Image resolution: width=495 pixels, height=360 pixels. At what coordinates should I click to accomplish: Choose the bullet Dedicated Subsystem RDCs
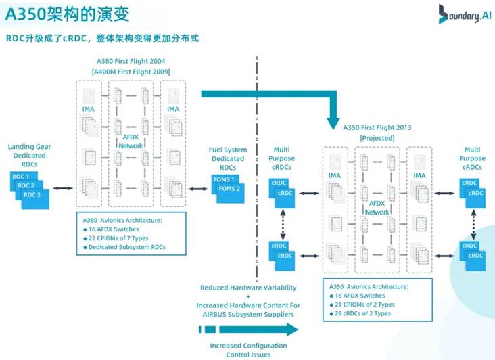coord(127,247)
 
